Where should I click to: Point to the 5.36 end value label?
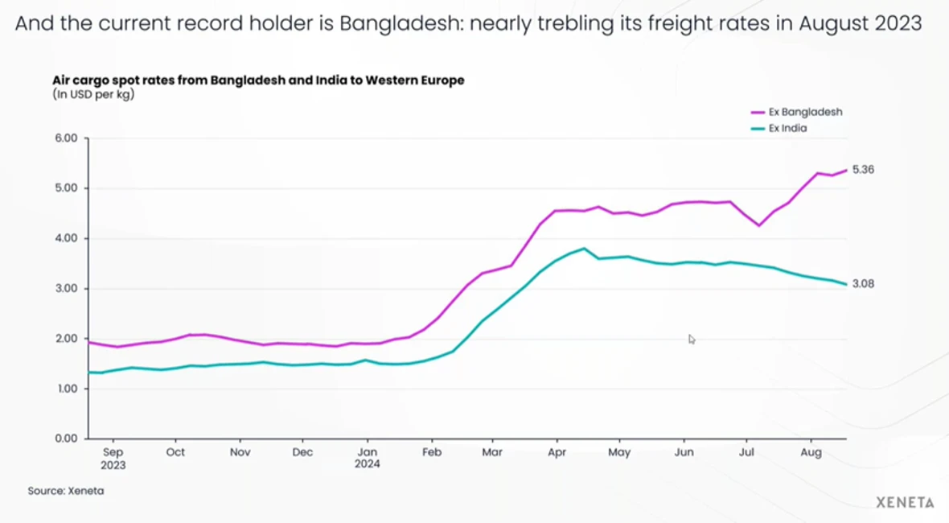coord(863,170)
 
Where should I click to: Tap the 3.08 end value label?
coord(863,283)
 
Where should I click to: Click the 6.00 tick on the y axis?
coord(66,138)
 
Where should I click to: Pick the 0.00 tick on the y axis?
coord(66,439)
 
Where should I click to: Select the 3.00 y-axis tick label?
coord(66,288)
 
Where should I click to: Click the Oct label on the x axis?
coord(175,452)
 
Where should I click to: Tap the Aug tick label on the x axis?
coord(811,452)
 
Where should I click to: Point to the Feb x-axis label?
coord(432,452)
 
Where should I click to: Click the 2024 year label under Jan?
coord(368,464)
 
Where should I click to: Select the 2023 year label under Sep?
coord(113,464)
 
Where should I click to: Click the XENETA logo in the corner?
coord(905,503)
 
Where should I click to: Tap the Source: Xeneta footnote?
coord(66,490)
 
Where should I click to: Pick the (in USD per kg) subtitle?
coord(93,95)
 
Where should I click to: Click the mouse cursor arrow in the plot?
coord(692,339)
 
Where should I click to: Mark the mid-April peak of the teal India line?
coord(584,249)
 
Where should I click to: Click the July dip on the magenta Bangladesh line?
coord(758,225)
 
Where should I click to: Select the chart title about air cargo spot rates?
coord(258,80)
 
